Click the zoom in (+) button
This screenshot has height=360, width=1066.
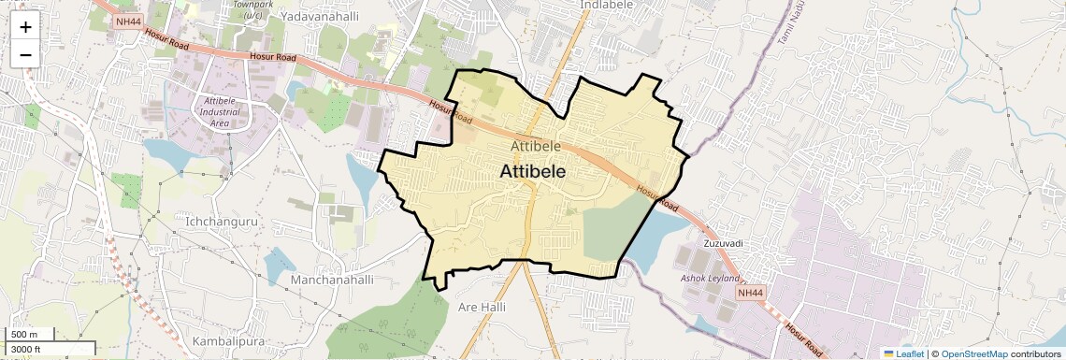(x=25, y=27)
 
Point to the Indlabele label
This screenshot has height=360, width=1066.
(x=608, y=5)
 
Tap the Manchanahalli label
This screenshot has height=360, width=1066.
(x=332, y=280)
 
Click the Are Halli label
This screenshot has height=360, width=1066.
(x=482, y=306)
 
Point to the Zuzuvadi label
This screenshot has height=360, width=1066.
(x=723, y=243)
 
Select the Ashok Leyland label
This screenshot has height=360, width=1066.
(x=709, y=279)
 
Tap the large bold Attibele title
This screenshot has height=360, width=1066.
(x=538, y=172)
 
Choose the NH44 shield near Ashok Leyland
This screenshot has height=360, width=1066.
(x=751, y=294)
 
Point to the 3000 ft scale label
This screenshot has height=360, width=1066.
(x=27, y=350)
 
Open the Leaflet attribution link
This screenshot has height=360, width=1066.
(x=903, y=353)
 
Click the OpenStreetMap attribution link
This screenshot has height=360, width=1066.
(x=973, y=353)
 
